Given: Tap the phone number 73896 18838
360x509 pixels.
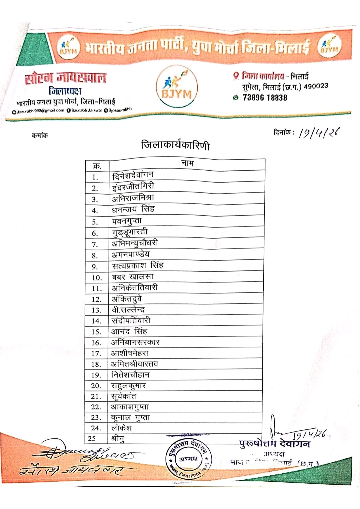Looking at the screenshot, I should [x=265, y=98].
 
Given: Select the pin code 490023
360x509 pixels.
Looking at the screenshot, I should [x=316, y=86].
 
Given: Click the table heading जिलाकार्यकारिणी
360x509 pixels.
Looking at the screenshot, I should [x=175, y=146].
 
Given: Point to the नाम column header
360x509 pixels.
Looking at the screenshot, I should [x=187, y=163].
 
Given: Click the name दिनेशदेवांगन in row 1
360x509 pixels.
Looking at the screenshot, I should [x=133, y=175].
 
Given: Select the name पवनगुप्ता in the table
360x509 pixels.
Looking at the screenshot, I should [x=127, y=221].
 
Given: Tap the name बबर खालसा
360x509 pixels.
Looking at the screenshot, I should [x=133, y=277].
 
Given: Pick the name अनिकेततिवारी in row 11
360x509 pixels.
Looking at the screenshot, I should [x=135, y=288].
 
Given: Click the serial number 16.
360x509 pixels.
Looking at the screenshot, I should [x=96, y=343].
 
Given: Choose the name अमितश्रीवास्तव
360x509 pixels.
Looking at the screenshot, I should [x=134, y=364].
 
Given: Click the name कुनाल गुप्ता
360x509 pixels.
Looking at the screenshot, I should [x=130, y=418].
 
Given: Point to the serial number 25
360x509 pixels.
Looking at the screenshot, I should [x=92, y=439].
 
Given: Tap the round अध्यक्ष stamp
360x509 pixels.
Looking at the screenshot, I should [x=188, y=459].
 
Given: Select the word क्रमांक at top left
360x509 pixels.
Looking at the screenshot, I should [x=40, y=135].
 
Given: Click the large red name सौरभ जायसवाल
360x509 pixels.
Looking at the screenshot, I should [x=66, y=78].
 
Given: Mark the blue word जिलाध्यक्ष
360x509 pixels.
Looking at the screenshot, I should [x=65, y=91].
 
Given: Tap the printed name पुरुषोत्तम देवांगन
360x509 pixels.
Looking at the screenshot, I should [x=274, y=444].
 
